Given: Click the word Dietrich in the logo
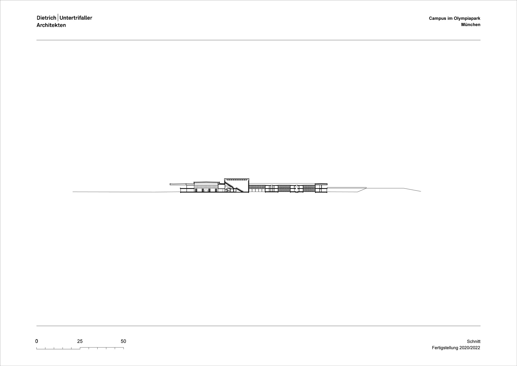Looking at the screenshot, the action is point(47,18).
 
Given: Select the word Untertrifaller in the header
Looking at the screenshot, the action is point(76,18).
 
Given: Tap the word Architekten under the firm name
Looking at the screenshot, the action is point(51,25).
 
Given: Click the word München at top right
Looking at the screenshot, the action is point(471,25).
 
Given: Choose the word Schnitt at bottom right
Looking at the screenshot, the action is point(474,341).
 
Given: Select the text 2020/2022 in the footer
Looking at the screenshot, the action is point(470,348).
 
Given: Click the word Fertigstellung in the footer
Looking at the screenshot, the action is point(445,348).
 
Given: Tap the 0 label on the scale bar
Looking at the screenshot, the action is point(37,341).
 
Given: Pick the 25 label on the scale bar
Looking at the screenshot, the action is point(80,341).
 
